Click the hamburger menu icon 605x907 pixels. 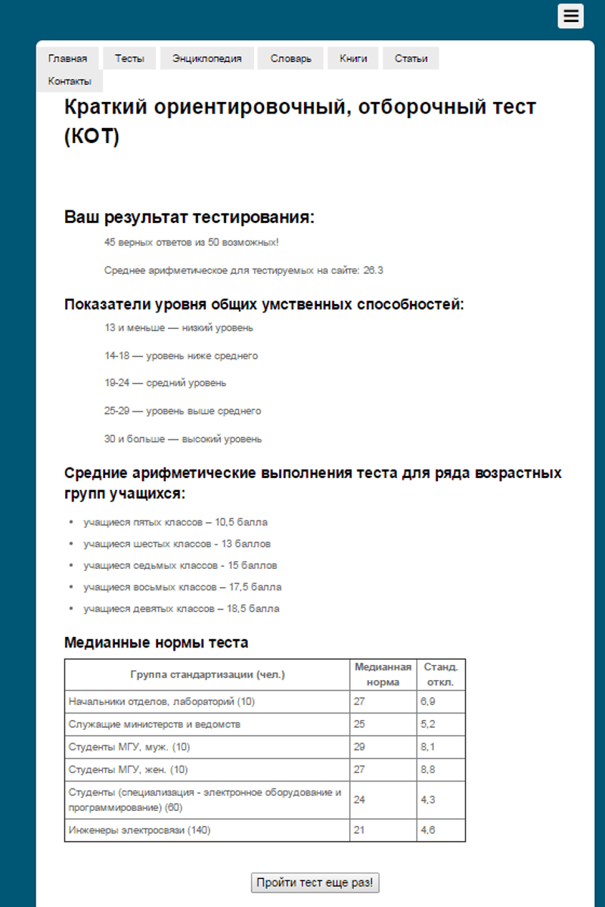570,16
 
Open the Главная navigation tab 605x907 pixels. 67,58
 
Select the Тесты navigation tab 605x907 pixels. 129,58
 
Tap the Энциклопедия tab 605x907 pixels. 206,58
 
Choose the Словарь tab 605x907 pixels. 290,58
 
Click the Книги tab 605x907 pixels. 353,58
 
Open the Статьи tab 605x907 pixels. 411,58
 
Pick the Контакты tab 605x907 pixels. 70,81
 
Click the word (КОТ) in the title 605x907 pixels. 92,138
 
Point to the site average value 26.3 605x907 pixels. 374,270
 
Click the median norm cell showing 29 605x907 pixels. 359,747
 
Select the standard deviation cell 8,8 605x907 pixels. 427,769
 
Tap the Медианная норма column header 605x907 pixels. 383,674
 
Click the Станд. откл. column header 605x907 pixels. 440,674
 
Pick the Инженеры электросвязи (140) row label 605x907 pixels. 140,830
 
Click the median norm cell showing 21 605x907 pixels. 359,830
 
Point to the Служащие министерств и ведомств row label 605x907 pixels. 154,724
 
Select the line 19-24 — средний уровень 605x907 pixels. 166,383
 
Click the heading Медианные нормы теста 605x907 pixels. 156,643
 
